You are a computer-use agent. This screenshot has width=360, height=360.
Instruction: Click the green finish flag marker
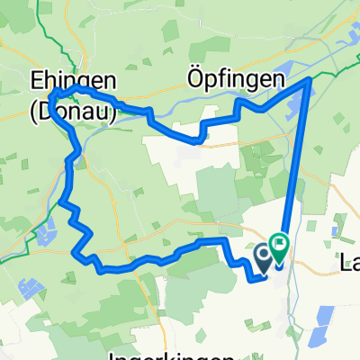click(279, 243)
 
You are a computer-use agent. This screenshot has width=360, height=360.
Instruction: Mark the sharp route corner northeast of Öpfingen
click(311, 80)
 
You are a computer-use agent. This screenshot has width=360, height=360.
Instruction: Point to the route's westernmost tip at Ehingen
click(51, 95)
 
